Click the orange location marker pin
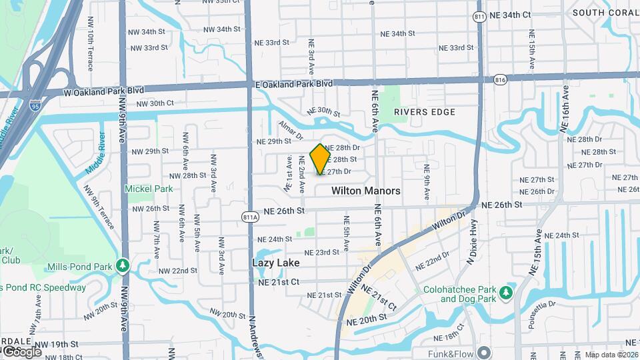click(321, 159)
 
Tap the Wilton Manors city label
click(366, 191)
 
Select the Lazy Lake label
click(275, 263)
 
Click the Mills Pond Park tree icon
click(122, 267)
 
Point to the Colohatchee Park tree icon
click(507, 292)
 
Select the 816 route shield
click(500, 79)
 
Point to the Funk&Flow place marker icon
click(484, 352)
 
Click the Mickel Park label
click(149, 189)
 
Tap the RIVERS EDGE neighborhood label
click(425, 112)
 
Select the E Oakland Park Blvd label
click(294, 84)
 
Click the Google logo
click(22, 351)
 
